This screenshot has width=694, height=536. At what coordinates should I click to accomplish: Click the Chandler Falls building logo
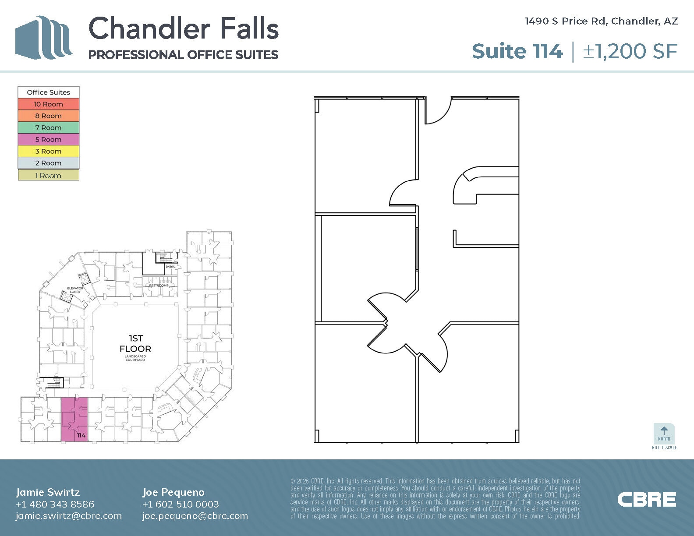(x=43, y=38)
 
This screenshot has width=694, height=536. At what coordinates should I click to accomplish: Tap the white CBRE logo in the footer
(x=647, y=500)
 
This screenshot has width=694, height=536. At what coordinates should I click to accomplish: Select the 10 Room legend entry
(x=49, y=104)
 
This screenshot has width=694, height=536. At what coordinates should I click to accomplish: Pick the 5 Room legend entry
(x=49, y=140)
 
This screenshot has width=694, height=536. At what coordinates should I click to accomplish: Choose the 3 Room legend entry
(x=49, y=152)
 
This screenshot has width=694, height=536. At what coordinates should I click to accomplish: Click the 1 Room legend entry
(x=49, y=176)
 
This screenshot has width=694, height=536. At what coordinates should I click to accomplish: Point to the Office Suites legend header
(x=49, y=92)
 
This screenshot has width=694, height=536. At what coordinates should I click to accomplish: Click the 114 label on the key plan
(x=81, y=435)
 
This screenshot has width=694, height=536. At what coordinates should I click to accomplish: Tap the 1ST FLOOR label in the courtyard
(x=135, y=344)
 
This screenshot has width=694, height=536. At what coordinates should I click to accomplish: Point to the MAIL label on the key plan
(x=170, y=267)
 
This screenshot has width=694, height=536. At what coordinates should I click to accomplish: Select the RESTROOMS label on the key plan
(x=159, y=286)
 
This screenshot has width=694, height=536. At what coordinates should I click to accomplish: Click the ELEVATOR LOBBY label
(x=75, y=290)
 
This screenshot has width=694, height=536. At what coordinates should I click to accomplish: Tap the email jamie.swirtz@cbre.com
(x=69, y=516)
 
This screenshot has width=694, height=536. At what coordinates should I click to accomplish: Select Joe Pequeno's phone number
(x=181, y=504)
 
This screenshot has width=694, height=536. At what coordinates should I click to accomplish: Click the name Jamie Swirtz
(x=48, y=492)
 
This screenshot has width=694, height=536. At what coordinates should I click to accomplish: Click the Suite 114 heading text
(x=517, y=51)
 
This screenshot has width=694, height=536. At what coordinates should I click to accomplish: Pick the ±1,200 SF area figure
(x=630, y=51)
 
